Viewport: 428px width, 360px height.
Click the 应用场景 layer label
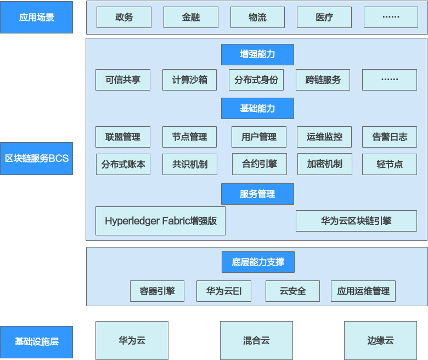click(x=37, y=17)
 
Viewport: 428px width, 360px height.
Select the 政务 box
click(x=124, y=17)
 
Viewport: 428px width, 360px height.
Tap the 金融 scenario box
click(x=191, y=17)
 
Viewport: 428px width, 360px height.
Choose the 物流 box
click(x=257, y=17)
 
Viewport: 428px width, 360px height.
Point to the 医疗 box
click(x=324, y=17)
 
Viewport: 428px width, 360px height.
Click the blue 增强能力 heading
click(x=257, y=54)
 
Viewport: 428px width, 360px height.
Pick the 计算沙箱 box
click(x=190, y=80)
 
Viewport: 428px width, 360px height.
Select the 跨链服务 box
click(x=323, y=80)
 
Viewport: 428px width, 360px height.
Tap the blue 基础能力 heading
click(x=257, y=108)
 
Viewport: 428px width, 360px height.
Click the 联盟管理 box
click(x=123, y=137)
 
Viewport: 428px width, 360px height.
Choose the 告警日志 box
click(x=390, y=137)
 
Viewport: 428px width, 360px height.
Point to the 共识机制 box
click(x=190, y=164)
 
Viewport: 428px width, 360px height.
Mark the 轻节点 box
click(x=390, y=164)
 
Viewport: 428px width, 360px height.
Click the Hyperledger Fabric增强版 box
click(x=161, y=221)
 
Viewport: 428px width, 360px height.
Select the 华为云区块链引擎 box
click(x=356, y=221)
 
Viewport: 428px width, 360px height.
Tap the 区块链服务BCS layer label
click(x=37, y=159)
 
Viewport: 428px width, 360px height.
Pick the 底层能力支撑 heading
click(x=258, y=262)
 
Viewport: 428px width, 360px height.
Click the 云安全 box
click(x=292, y=291)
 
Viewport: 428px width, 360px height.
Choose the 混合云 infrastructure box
click(x=256, y=340)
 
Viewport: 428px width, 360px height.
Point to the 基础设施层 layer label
click(x=37, y=341)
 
